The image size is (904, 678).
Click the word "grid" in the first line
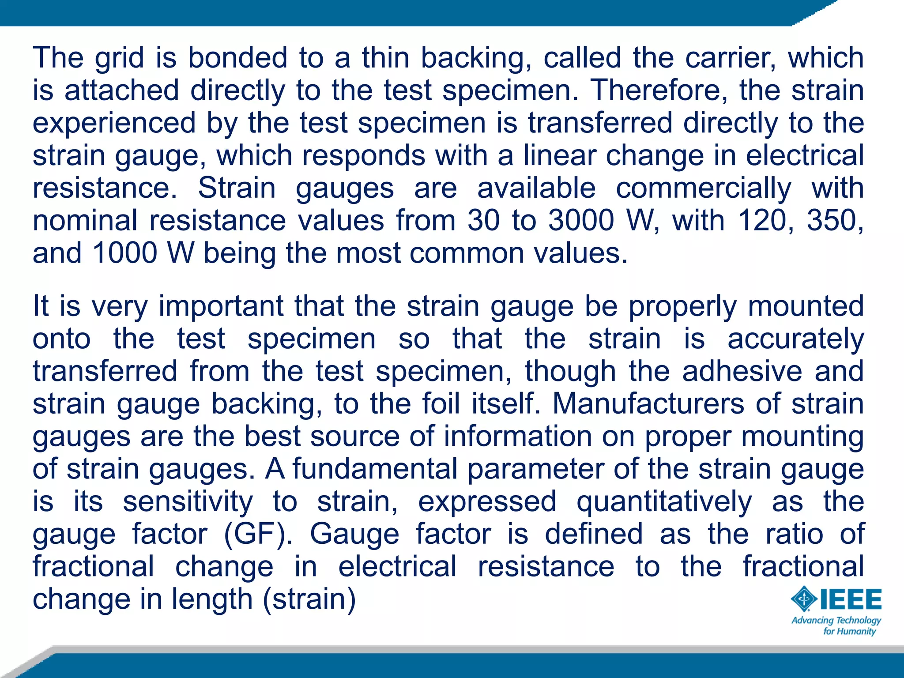click(119, 58)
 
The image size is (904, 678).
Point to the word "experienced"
click(114, 123)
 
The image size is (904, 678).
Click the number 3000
click(581, 220)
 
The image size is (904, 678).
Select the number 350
click(835, 220)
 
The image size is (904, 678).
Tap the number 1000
click(125, 253)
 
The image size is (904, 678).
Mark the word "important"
click(221, 306)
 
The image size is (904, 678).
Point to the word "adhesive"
click(742, 371)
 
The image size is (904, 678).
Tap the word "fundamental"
click(375, 469)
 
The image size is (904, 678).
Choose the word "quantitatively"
click(664, 502)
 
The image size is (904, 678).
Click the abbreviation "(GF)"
click(258, 534)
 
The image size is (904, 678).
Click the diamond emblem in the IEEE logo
click(804, 599)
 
